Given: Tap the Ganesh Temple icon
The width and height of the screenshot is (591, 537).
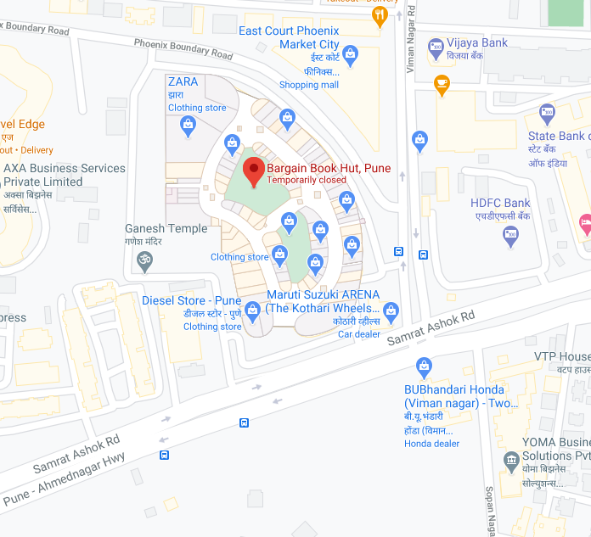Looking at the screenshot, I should (x=144, y=262).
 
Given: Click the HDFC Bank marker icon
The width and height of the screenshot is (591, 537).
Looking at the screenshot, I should (x=510, y=237).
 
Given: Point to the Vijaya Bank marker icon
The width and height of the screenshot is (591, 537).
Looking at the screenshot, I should (x=436, y=44).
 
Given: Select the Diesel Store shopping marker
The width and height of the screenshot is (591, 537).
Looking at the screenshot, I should (x=251, y=312).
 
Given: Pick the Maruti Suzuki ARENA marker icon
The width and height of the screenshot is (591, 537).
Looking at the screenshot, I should (x=391, y=311).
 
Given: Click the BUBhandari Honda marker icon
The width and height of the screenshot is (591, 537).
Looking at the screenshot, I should (x=425, y=367).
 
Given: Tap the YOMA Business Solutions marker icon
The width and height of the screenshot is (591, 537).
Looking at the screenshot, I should (x=511, y=461).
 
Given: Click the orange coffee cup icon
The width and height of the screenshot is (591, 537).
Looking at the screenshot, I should (x=441, y=82).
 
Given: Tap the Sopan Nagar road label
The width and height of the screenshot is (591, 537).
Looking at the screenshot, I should (x=492, y=509).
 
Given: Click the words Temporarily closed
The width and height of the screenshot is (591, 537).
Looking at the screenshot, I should (x=307, y=180).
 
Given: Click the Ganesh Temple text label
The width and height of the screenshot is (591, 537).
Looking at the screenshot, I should (x=166, y=228).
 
